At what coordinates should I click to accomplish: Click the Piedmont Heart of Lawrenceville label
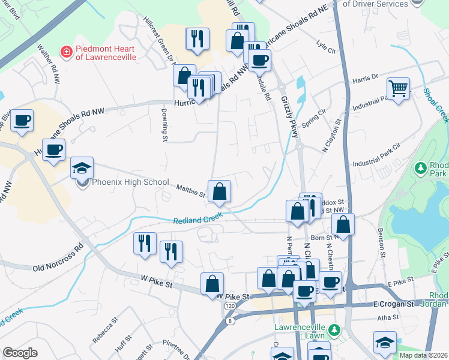coord(105,53)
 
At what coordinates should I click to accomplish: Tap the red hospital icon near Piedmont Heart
coord(66,53)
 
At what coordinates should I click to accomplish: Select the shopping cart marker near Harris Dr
coord(398,90)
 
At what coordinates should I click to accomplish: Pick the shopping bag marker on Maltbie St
coord(220,192)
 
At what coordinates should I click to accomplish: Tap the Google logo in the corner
coord(20,352)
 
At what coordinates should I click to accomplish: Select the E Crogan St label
coord(394,304)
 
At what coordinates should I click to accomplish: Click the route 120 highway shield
coord(230,306)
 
